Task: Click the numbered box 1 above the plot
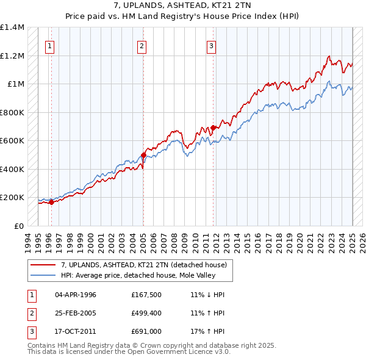[x=49, y=45]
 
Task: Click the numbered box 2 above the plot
[x=142, y=45]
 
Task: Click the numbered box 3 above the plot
[x=211, y=45]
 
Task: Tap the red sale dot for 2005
[x=143, y=155]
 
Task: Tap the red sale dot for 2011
[x=213, y=128]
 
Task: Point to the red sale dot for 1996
[x=51, y=203]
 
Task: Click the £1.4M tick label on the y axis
[x=12, y=27]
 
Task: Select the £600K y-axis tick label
[x=12, y=141]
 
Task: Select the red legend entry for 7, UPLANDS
[x=143, y=265]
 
